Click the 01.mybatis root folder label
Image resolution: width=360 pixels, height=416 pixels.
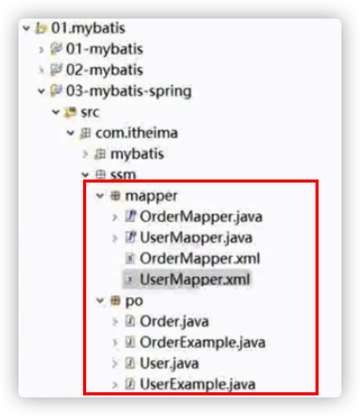point(88,28)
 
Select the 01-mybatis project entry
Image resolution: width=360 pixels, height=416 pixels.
point(104,49)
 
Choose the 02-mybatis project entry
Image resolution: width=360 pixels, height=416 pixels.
point(104,70)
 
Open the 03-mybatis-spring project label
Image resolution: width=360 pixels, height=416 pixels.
point(128,91)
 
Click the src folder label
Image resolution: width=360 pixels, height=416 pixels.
point(90,112)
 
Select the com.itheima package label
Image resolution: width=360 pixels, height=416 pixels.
point(136,133)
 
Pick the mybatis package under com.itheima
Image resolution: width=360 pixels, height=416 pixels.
point(137,154)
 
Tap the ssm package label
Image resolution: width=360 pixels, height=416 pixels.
point(123,174)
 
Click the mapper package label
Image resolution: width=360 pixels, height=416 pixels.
point(151,196)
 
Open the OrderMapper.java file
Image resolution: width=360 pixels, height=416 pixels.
point(201,216)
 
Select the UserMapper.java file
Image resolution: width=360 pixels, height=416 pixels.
point(196,237)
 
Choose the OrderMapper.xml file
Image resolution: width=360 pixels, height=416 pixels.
point(200,258)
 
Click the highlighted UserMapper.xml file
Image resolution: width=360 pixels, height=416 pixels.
point(195,279)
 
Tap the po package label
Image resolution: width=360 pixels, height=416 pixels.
point(134,300)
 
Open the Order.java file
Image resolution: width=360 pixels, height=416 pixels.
point(174,321)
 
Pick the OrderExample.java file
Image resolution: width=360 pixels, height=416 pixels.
point(203,342)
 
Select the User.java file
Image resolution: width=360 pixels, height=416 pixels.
point(169,363)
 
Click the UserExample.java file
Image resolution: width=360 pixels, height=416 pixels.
point(198,384)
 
